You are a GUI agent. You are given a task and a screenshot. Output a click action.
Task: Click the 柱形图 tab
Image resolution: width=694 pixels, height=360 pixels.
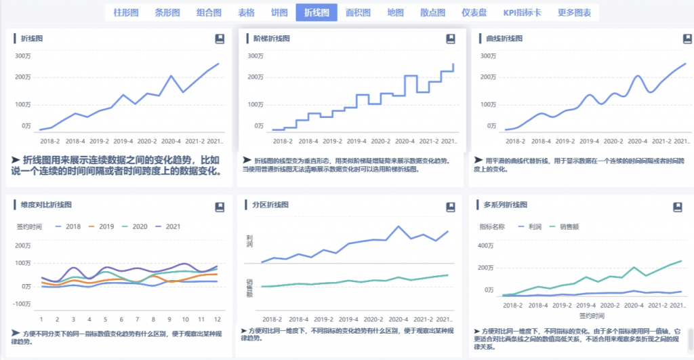(x=126, y=12)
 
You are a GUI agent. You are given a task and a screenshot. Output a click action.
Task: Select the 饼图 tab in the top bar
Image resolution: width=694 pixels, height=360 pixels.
(x=279, y=12)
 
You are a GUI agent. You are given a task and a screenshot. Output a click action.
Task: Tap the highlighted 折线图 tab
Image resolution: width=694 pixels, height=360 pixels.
(x=317, y=12)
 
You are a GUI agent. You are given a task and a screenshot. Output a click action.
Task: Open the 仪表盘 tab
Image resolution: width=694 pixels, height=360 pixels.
(x=474, y=12)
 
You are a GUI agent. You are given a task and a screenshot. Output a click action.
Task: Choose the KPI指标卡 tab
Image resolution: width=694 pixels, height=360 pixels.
(x=522, y=12)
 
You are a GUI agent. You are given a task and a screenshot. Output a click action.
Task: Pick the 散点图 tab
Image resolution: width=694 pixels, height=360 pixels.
(x=432, y=12)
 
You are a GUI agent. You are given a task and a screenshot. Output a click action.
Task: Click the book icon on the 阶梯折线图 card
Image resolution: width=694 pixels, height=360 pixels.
(x=451, y=39)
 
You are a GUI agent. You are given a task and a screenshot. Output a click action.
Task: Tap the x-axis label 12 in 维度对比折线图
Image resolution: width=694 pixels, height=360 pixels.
(x=217, y=319)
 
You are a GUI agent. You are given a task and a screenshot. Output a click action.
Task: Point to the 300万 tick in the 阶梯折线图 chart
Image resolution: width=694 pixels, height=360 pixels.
(x=256, y=55)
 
